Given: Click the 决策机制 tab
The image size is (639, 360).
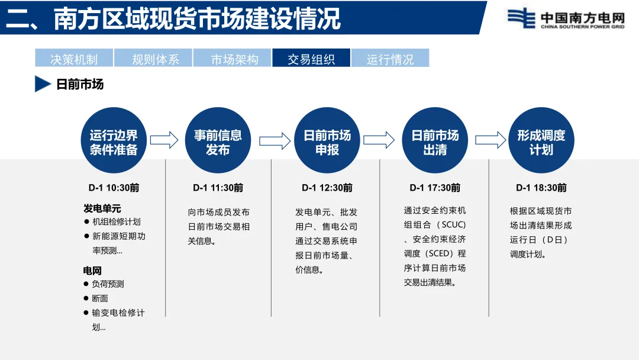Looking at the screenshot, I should pos(74,59).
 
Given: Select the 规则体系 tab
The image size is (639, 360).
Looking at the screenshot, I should pos(153,59).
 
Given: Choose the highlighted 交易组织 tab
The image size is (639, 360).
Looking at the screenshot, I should pos(311,59).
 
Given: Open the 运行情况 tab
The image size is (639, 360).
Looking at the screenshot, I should pos(390,59).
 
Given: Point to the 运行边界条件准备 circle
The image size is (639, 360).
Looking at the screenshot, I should pos(114,141).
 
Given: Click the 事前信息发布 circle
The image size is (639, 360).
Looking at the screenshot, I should pos(218,141).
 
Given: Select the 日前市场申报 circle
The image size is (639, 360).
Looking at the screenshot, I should pos(327,141).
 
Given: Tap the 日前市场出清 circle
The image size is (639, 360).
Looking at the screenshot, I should pos(435,141).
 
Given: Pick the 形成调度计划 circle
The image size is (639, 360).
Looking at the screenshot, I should pos(541,141).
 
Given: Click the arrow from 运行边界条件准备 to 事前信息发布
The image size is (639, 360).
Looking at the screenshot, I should pos(164,140).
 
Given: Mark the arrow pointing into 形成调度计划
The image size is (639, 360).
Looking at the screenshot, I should pos(490,140).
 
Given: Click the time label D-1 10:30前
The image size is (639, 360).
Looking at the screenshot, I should pos(114,188).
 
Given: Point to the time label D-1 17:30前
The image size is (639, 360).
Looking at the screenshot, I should pos(435,188).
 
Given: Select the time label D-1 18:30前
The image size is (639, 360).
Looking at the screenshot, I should pos(541,188).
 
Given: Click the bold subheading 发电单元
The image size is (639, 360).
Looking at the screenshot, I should pos(102,208).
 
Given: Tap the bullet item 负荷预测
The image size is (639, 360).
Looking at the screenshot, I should pos(108,284).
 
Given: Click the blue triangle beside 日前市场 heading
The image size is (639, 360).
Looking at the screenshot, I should pos(42,84).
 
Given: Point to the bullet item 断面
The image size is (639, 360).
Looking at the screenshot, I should pos(99,298).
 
